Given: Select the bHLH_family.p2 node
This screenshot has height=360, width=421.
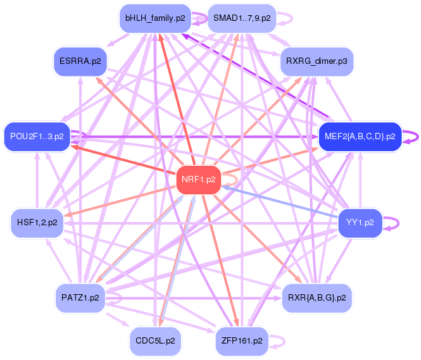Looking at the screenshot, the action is tap(155, 18).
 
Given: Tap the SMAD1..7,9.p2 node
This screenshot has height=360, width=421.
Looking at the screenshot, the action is tap(242, 18).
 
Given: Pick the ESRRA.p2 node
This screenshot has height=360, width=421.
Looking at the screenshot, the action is tap(80, 61).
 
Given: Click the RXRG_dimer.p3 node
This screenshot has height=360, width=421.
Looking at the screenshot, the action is tap(317, 61).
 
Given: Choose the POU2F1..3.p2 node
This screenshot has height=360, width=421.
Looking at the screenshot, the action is tap(37, 136).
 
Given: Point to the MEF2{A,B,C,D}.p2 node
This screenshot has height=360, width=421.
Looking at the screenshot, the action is tap(360, 136).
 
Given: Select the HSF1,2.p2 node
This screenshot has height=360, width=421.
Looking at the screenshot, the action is tap(37, 223).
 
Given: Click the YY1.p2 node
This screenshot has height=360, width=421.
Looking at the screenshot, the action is tap(360, 223).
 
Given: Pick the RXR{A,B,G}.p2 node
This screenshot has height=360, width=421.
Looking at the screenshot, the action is tap(317, 297).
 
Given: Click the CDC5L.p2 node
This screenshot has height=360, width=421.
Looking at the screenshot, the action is tap(155, 340).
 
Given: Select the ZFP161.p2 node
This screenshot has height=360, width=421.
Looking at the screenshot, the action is tap(242, 340).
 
